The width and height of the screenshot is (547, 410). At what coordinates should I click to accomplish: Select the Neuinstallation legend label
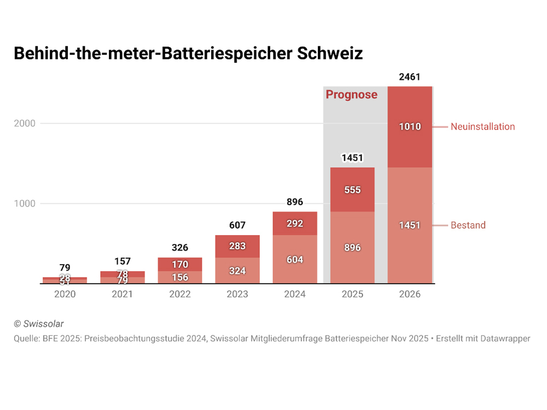482,127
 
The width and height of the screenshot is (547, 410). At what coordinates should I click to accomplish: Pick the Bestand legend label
468,225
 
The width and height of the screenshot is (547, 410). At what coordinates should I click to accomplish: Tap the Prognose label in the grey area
351,95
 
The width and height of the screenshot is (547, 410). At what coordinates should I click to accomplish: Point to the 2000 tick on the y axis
24,124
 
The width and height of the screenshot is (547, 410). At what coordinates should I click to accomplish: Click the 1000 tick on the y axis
24,204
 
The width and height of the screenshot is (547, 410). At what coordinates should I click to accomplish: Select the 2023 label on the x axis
237,294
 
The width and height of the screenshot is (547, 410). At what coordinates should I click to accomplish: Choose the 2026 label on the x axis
410,294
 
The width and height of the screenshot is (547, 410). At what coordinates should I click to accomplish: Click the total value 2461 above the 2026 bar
410,77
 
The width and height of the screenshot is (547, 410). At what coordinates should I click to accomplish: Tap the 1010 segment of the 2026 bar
410,127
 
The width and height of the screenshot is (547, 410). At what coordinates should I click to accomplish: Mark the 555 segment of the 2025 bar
352,190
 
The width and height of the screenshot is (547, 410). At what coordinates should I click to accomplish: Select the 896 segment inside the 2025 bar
352,248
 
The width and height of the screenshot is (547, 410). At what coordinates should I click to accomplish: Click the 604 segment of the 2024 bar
295,260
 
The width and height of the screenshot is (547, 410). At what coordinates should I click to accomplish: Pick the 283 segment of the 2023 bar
237,246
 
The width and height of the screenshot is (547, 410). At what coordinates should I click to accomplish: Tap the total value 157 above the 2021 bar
123,261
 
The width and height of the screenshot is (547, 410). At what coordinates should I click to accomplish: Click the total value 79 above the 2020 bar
65,268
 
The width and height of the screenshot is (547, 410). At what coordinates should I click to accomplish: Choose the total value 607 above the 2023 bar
237,225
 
